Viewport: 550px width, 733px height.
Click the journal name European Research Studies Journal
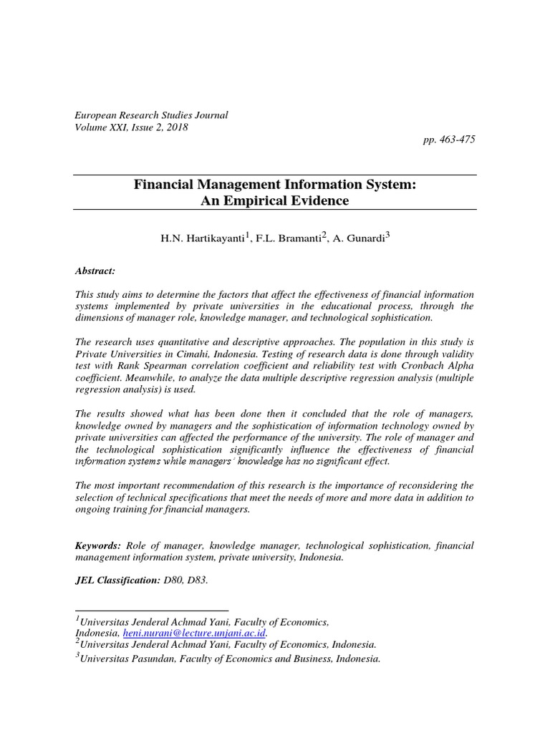point(151,115)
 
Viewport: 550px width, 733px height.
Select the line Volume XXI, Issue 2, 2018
point(132,127)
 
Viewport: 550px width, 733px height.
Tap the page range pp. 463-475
point(449,139)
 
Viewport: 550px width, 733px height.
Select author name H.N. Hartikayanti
point(202,238)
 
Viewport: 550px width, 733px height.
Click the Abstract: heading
point(95,271)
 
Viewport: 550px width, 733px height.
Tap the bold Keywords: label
point(99,545)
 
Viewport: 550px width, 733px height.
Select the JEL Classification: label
point(117,581)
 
